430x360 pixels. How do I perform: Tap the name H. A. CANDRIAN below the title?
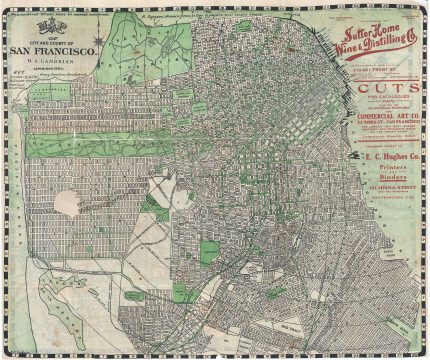click(x=52, y=62)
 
